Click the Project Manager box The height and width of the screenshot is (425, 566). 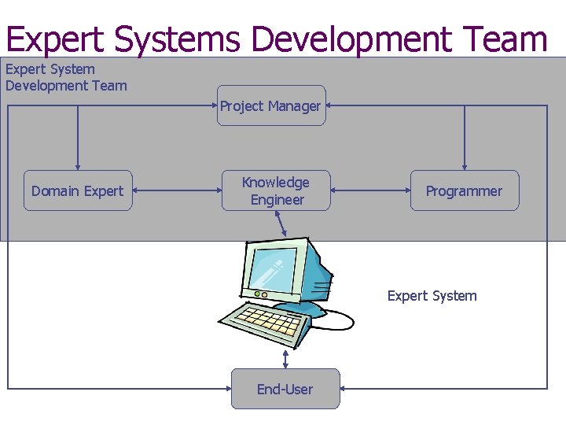(x=271, y=105)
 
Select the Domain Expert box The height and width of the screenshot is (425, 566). (x=78, y=190)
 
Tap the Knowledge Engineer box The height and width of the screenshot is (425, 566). (x=276, y=190)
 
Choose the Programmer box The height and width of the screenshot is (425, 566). (x=464, y=190)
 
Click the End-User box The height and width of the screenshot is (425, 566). (x=285, y=389)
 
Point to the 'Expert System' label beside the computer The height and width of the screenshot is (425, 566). (x=432, y=296)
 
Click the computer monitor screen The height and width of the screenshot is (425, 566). (x=274, y=267)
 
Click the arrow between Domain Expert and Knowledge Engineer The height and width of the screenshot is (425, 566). (x=177, y=190)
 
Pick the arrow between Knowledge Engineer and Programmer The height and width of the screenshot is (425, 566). (x=369, y=190)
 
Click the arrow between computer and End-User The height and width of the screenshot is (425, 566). (x=285, y=359)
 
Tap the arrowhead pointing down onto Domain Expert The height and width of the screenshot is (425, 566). (x=78, y=165)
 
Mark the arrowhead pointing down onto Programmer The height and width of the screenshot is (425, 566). (x=464, y=165)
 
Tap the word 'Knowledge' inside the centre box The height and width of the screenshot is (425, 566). (x=276, y=182)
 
